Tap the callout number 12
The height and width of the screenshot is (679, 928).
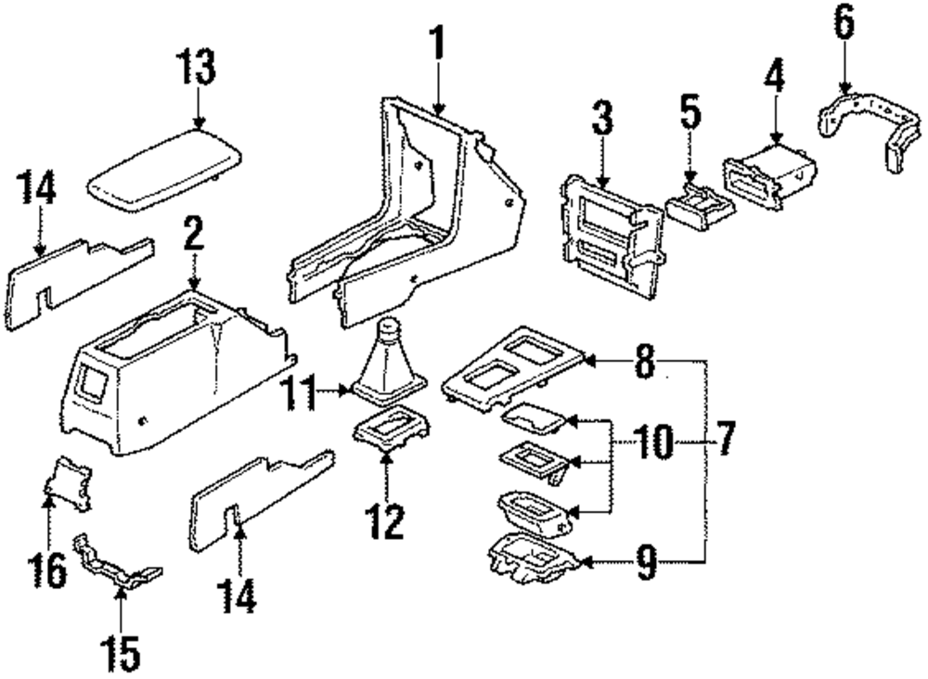click(386, 522)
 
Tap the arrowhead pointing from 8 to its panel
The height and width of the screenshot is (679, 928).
click(595, 360)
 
